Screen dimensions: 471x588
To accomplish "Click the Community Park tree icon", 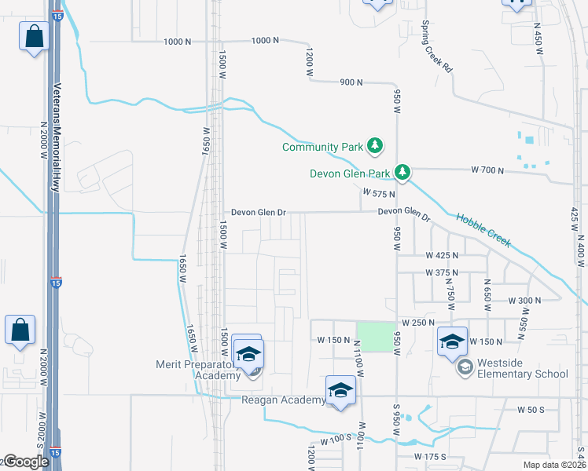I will pyautogui.click(x=377, y=146).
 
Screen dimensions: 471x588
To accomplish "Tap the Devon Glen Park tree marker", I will pyautogui.click(x=403, y=172).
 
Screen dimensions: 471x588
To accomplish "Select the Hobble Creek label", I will pyautogui.click(x=483, y=232).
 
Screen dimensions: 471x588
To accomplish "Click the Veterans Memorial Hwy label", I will pyautogui.click(x=57, y=137).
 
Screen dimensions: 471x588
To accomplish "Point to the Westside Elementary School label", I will pyautogui.click(x=523, y=374).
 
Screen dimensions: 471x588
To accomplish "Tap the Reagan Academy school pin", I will pyautogui.click(x=340, y=391).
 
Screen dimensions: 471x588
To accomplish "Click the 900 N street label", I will pyautogui.click(x=351, y=82).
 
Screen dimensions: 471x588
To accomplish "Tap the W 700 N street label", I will pyautogui.click(x=486, y=170).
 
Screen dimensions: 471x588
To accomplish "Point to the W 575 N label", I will pyautogui.click(x=377, y=192).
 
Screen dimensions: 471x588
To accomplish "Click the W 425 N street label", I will pyautogui.click(x=441, y=255).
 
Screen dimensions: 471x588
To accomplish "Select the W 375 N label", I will pyautogui.click(x=441, y=272).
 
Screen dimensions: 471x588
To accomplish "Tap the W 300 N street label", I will pyautogui.click(x=524, y=301).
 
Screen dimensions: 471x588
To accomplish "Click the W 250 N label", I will pyautogui.click(x=417, y=323).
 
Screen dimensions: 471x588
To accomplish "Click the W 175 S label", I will pyautogui.click(x=430, y=456).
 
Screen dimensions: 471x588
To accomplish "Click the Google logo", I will pyautogui.click(x=26, y=462).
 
